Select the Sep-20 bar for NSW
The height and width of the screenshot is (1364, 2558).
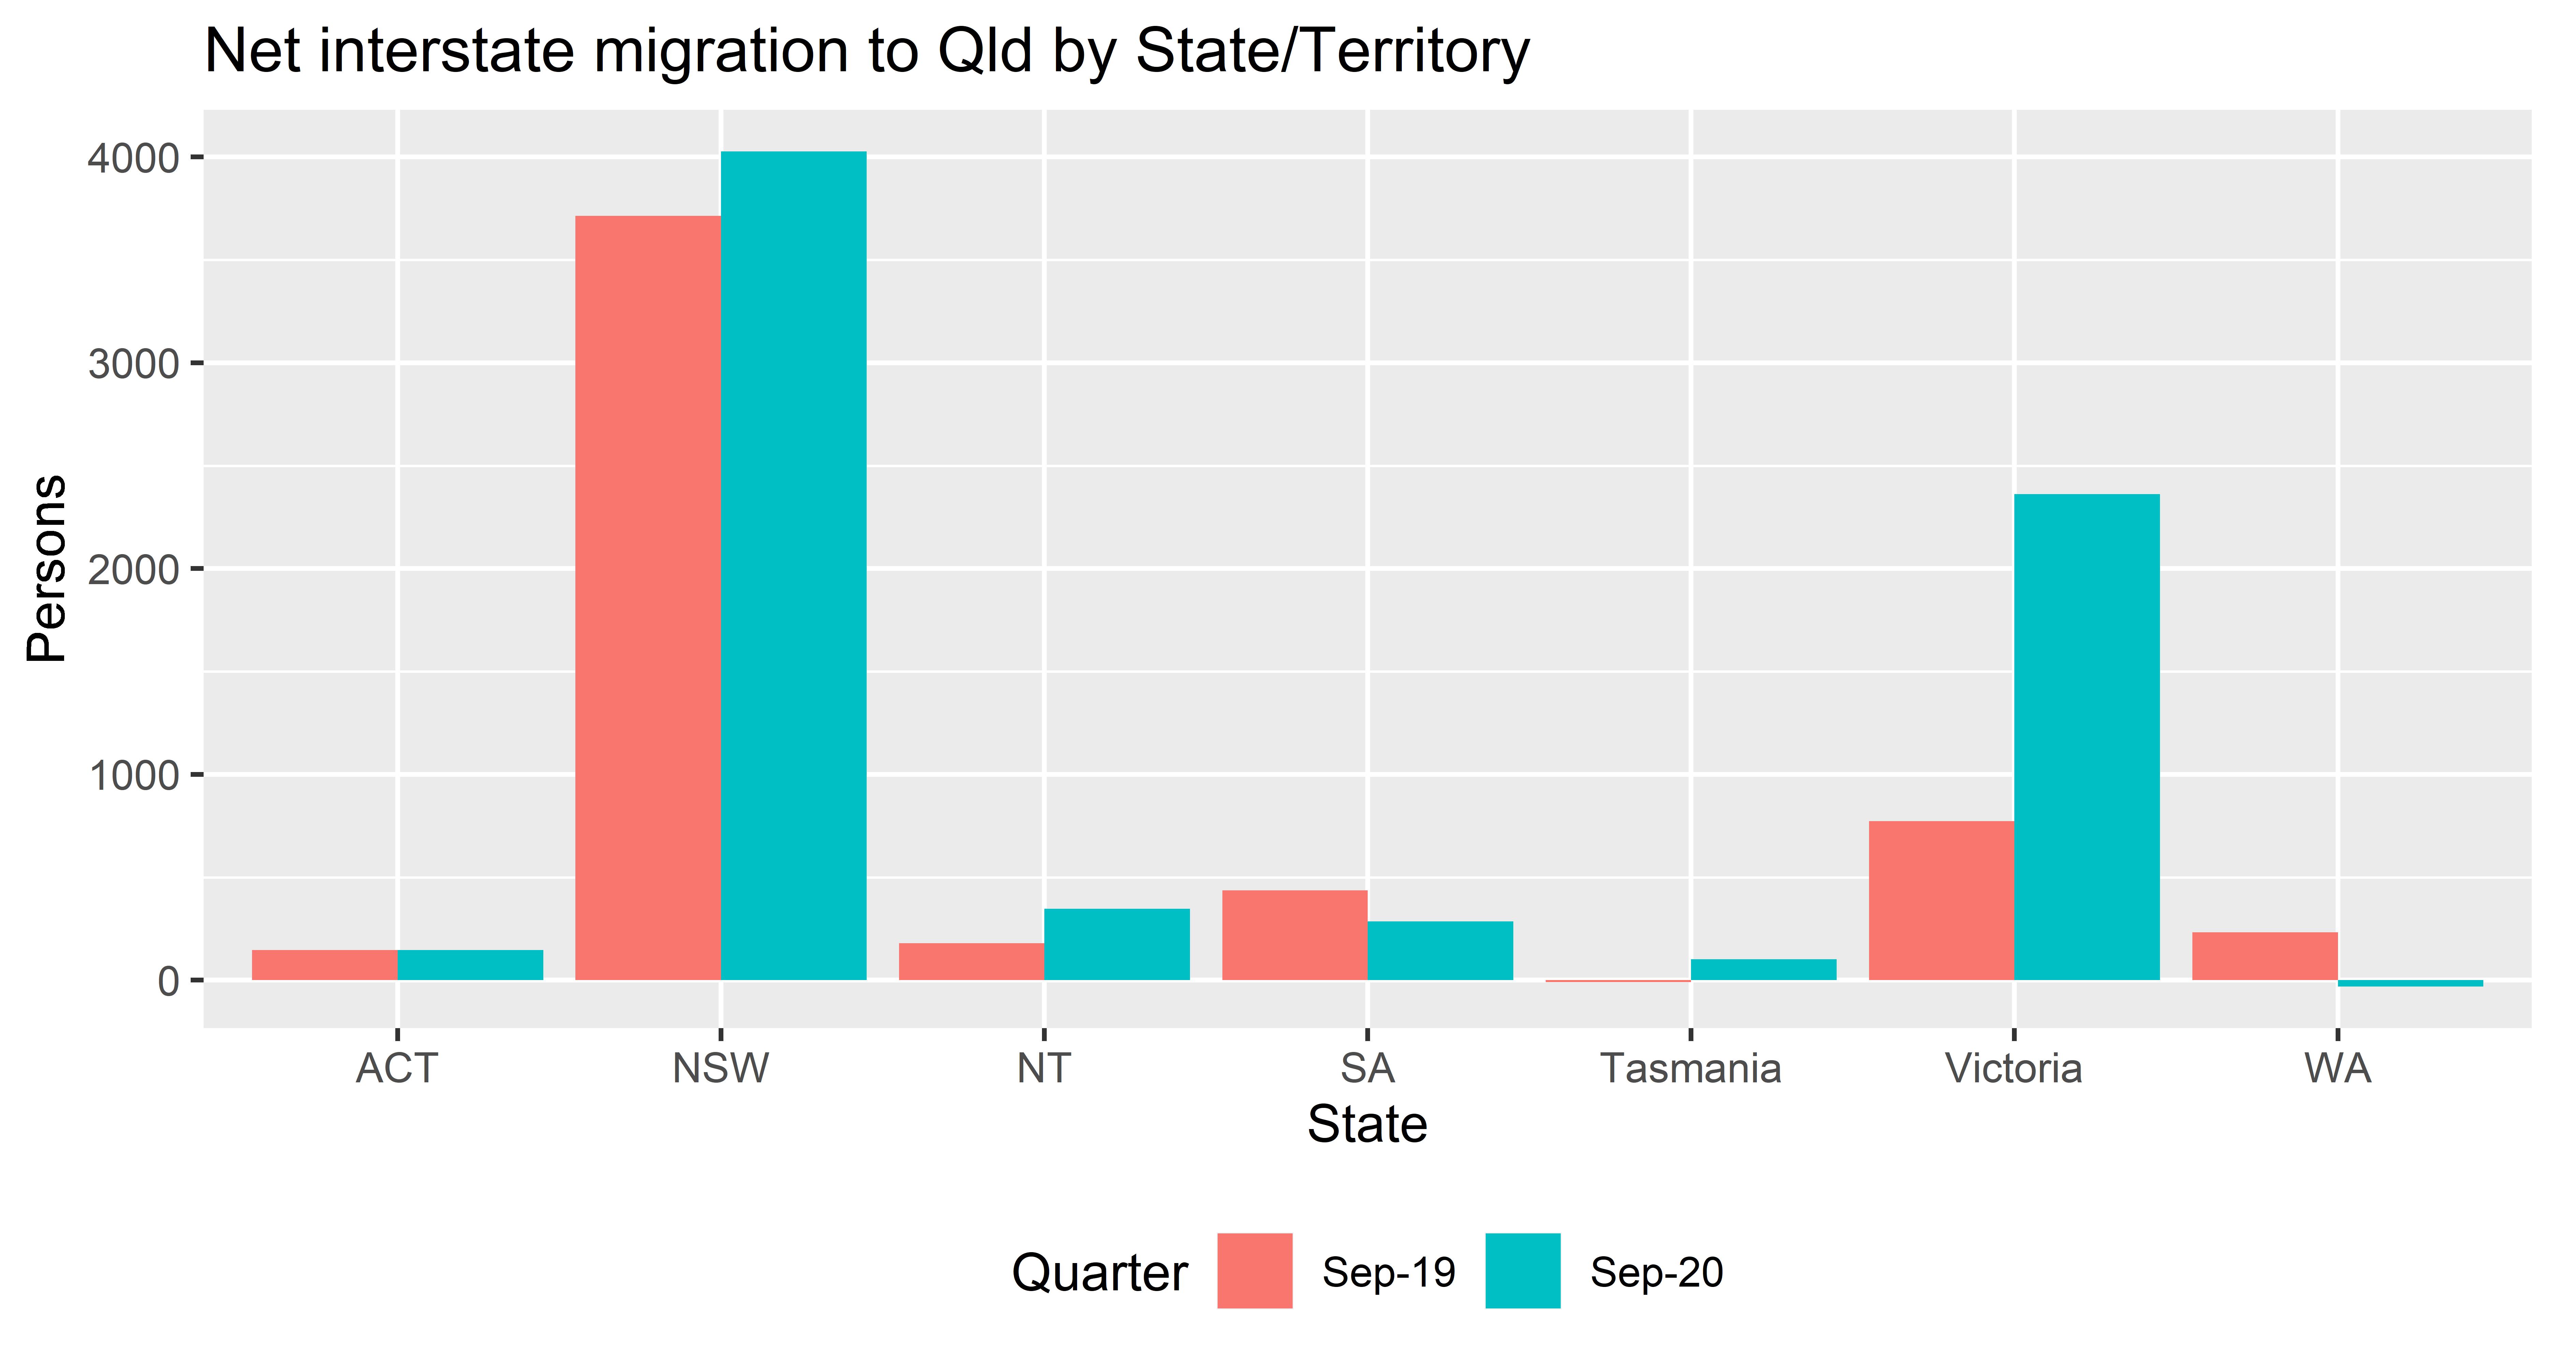(793, 566)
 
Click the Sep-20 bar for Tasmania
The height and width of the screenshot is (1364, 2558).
(1764, 969)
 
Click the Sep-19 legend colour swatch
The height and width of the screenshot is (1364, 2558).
(1254, 1271)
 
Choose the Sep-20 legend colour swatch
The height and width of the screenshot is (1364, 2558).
(1522, 1271)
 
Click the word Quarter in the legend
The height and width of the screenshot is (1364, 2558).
(1099, 1273)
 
